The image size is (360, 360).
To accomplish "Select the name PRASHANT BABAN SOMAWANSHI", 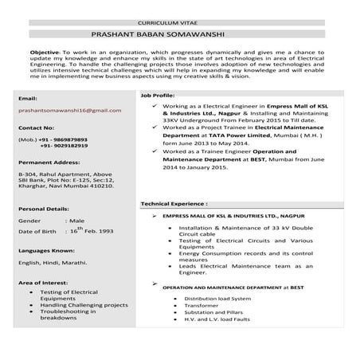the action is [x=178, y=34].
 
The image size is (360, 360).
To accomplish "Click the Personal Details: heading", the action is [x=44, y=208].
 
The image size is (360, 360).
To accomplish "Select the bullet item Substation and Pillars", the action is [x=214, y=312].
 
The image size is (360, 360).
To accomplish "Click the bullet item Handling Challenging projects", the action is [x=84, y=304].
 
